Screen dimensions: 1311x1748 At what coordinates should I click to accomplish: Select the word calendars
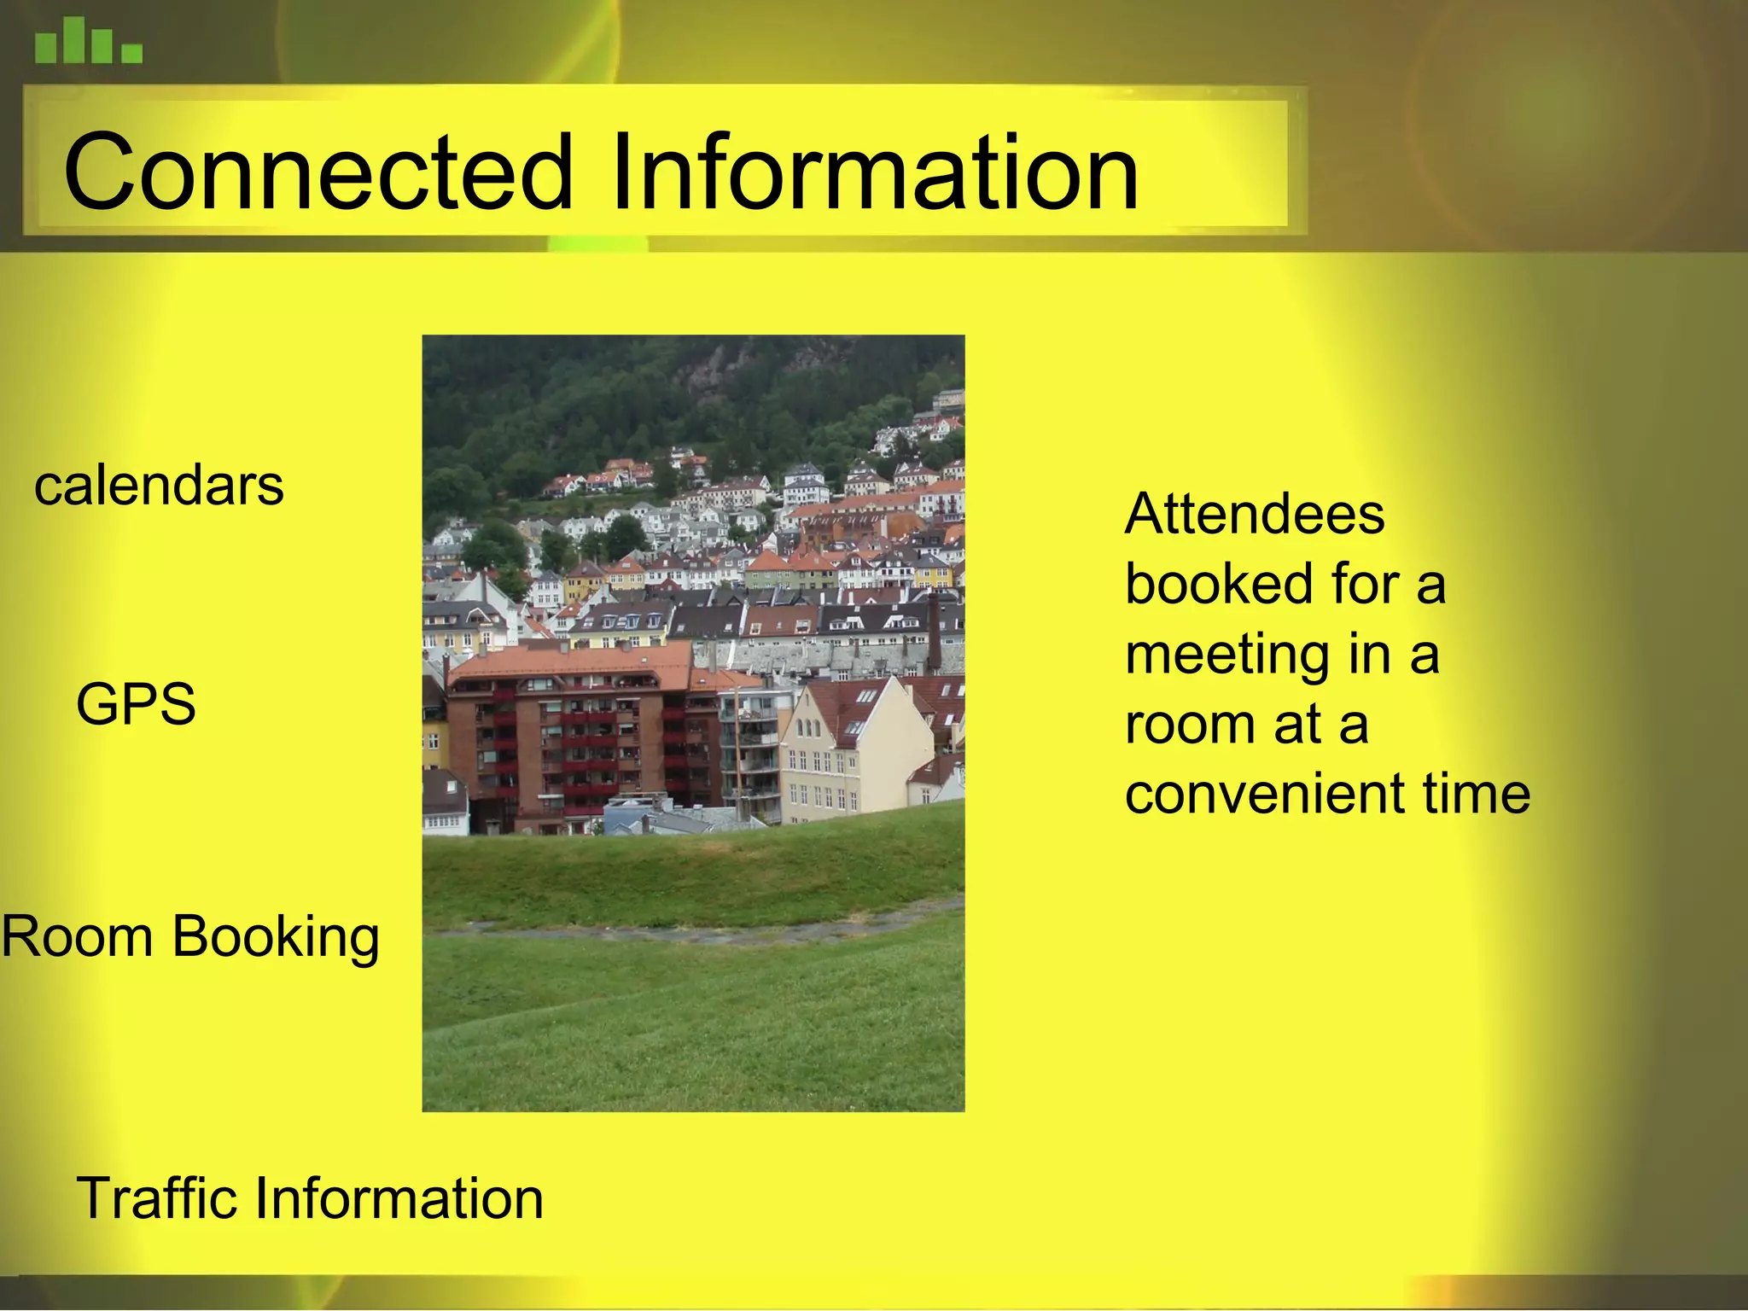coord(159,486)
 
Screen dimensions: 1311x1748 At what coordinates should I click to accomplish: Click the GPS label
coord(136,704)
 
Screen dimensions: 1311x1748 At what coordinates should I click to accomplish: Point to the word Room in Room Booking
coord(78,936)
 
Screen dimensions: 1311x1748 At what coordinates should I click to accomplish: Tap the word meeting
coord(1227,655)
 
